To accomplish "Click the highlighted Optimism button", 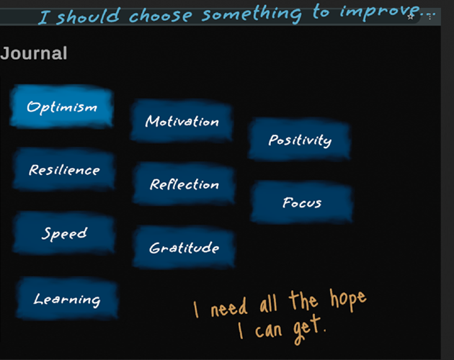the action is [x=61, y=107].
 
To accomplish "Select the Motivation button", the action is [x=182, y=121].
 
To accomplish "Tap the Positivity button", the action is [x=300, y=139].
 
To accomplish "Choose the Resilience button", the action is [x=64, y=169].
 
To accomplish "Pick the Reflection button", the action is [x=184, y=184].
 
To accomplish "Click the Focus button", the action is [x=302, y=202].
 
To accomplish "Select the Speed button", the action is [x=64, y=233].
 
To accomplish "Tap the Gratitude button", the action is [x=184, y=248].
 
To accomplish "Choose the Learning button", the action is [x=67, y=298].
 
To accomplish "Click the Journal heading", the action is [x=34, y=53].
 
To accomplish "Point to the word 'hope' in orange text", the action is [x=348, y=300].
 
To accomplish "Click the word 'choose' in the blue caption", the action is [x=161, y=15].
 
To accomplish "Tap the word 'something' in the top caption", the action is [x=252, y=14].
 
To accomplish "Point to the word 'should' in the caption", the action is [x=88, y=17].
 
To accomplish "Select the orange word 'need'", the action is [x=229, y=308].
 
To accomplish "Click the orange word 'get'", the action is [x=308, y=329].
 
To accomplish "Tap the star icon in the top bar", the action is [x=410, y=17].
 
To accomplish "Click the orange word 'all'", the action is [x=268, y=303].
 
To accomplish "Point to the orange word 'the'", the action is [x=303, y=300].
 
